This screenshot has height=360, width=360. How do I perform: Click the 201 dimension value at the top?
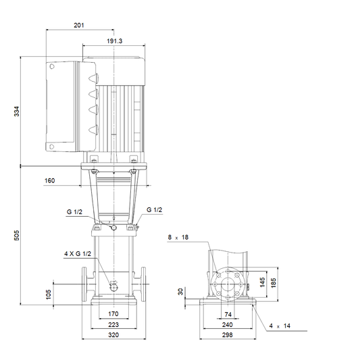point(79,25)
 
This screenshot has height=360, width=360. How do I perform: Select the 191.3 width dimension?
point(115,41)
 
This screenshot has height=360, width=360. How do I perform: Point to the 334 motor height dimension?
point(17,111)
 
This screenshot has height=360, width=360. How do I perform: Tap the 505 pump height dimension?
point(17,235)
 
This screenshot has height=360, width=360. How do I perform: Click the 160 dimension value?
point(49,181)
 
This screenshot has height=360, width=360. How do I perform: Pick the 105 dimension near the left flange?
point(49,294)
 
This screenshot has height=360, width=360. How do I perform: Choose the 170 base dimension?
point(113,314)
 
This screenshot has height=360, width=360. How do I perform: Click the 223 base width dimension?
point(113,325)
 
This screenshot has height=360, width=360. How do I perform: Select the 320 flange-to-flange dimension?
point(113,335)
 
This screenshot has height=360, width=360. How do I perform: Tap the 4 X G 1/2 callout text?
point(78,254)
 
